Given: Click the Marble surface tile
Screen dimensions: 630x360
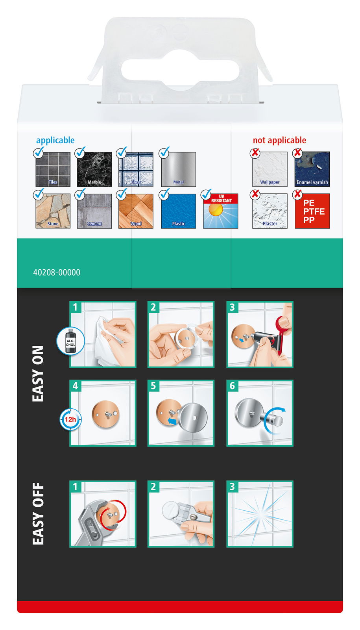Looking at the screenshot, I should tap(94, 169).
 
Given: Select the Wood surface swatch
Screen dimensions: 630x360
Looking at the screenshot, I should tap(136, 211).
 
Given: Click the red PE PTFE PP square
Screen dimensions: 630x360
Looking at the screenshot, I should tap(312, 211).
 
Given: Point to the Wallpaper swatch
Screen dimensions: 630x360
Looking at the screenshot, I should tap(270, 169).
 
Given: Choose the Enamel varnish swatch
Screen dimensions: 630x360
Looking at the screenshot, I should tap(312, 169).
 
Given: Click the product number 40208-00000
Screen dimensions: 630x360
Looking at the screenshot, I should tap(57, 272).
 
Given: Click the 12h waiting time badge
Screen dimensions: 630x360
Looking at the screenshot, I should tap(70, 419).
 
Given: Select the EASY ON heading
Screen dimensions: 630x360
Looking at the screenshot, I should tap(38, 374).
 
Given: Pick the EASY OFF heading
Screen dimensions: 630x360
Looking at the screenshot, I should tap(38, 514).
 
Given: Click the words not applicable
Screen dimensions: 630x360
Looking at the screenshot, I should tap(279, 140).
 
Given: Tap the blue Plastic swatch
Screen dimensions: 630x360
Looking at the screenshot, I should tap(178, 211).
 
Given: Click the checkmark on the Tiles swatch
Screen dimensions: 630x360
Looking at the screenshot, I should tap(39, 153).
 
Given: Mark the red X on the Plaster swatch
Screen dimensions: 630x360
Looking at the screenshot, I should tap(255, 195).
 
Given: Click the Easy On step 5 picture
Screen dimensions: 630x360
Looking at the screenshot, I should tap(181, 413).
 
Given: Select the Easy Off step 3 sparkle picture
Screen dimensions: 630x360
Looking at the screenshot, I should tap(260, 514).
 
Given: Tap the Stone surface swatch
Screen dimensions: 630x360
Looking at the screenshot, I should tap(53, 211).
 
